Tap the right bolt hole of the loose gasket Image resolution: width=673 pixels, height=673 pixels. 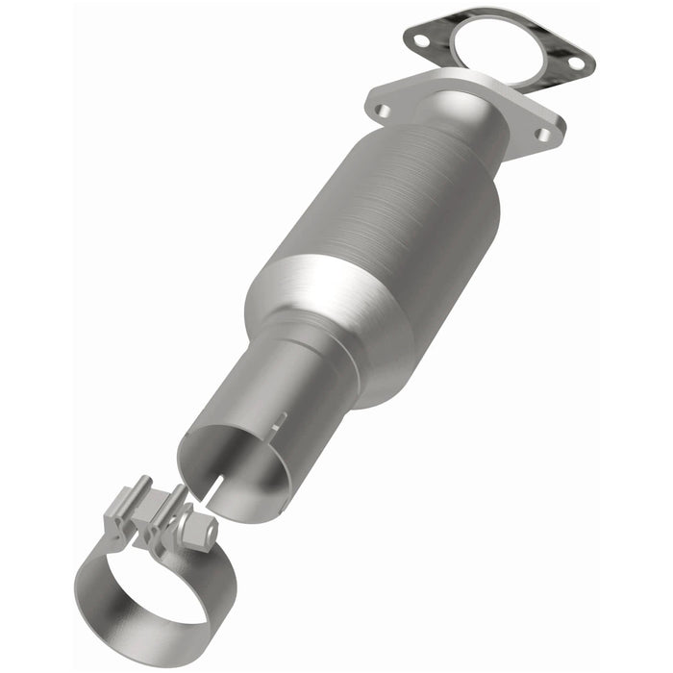[x=575, y=62]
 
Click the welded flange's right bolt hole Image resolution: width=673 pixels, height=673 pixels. [x=543, y=135]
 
